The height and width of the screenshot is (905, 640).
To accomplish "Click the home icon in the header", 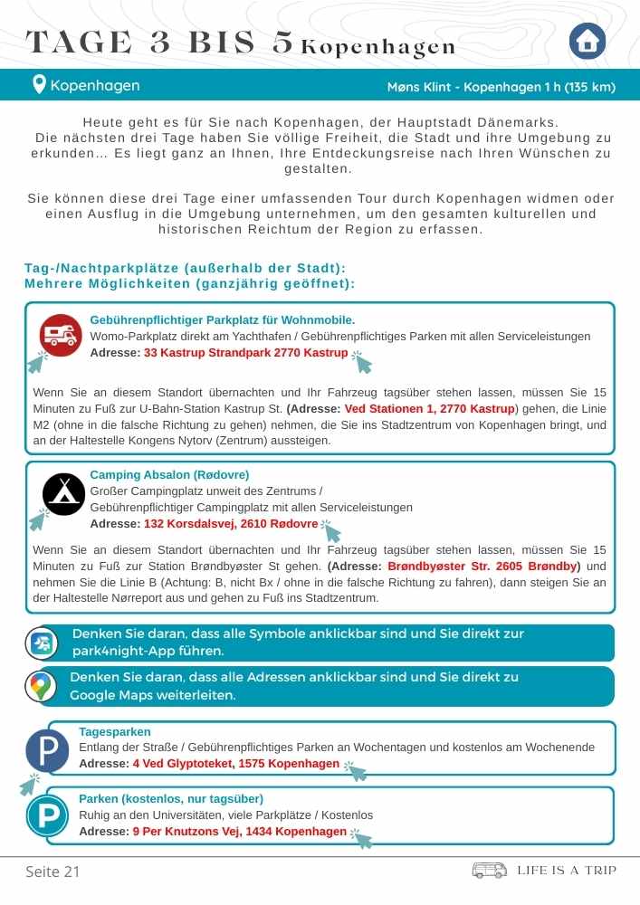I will coord(587,41).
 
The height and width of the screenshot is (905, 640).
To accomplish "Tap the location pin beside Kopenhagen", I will coord(39,86).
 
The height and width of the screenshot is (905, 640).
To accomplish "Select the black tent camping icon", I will coord(64,495).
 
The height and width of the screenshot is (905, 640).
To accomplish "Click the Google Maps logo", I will coord(39,687).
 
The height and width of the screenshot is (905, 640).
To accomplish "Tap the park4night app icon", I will coord(41,643).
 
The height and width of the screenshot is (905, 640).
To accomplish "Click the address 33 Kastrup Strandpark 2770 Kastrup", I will coord(245,353).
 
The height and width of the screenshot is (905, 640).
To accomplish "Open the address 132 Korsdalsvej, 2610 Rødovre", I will coord(231,524).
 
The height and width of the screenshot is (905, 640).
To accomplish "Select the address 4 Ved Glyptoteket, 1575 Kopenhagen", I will coord(235,764).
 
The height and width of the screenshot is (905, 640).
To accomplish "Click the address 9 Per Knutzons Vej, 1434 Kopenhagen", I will coord(239,832).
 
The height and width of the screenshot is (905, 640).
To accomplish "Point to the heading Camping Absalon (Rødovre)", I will coord(169,475).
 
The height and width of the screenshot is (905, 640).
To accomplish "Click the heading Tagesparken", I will coord(115,731).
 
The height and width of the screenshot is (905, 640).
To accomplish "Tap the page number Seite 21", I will coord(53,872).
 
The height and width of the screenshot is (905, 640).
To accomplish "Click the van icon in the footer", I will coord(490,871).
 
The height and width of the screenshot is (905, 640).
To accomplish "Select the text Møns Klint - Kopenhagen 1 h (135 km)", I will coord(501,87).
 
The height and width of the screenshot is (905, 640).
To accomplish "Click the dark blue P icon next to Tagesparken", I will coord(47,751).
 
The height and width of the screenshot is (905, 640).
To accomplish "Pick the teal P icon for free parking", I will coord(47,816).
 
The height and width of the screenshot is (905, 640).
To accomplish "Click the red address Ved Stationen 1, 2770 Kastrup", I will coord(430,409).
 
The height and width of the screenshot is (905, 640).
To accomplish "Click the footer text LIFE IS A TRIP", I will coord(567,871).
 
